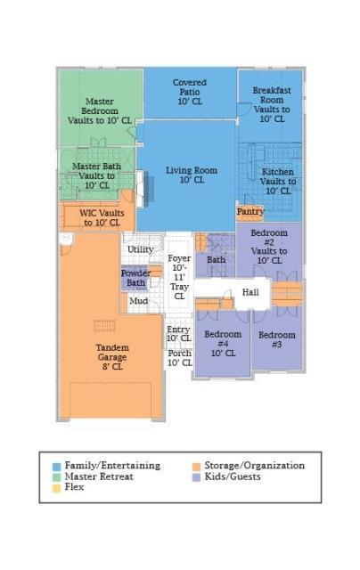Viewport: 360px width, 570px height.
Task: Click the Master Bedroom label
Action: click(100, 106)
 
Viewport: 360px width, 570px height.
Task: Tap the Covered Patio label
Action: click(190, 87)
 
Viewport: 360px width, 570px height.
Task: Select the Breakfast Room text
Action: click(272, 95)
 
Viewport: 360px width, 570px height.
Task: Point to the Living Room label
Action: click(192, 170)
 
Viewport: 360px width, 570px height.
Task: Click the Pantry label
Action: click(250, 211)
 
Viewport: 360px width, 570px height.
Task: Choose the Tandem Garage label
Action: click(112, 353)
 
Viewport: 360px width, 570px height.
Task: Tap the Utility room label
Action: click(141, 249)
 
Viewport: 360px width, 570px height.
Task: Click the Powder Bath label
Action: click(135, 278)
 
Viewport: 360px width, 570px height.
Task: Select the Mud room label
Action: click(138, 301)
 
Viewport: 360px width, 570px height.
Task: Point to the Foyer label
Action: click(179, 258)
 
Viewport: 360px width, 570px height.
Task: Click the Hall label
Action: click(250, 292)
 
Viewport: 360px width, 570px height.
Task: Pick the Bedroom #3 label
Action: click(277, 339)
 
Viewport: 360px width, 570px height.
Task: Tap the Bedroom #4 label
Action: click(223, 338)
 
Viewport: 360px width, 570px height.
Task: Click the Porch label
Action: click(179, 354)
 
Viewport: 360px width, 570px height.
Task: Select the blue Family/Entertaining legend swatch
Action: click(56, 467)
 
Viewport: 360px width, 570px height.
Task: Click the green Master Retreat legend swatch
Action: click(56, 477)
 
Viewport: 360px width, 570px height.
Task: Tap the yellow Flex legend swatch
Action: click(56, 488)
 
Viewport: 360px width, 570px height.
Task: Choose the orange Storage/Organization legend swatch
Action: click(196, 467)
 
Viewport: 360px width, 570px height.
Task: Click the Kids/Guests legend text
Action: click(233, 476)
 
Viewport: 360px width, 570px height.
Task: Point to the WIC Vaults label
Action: click(102, 213)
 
